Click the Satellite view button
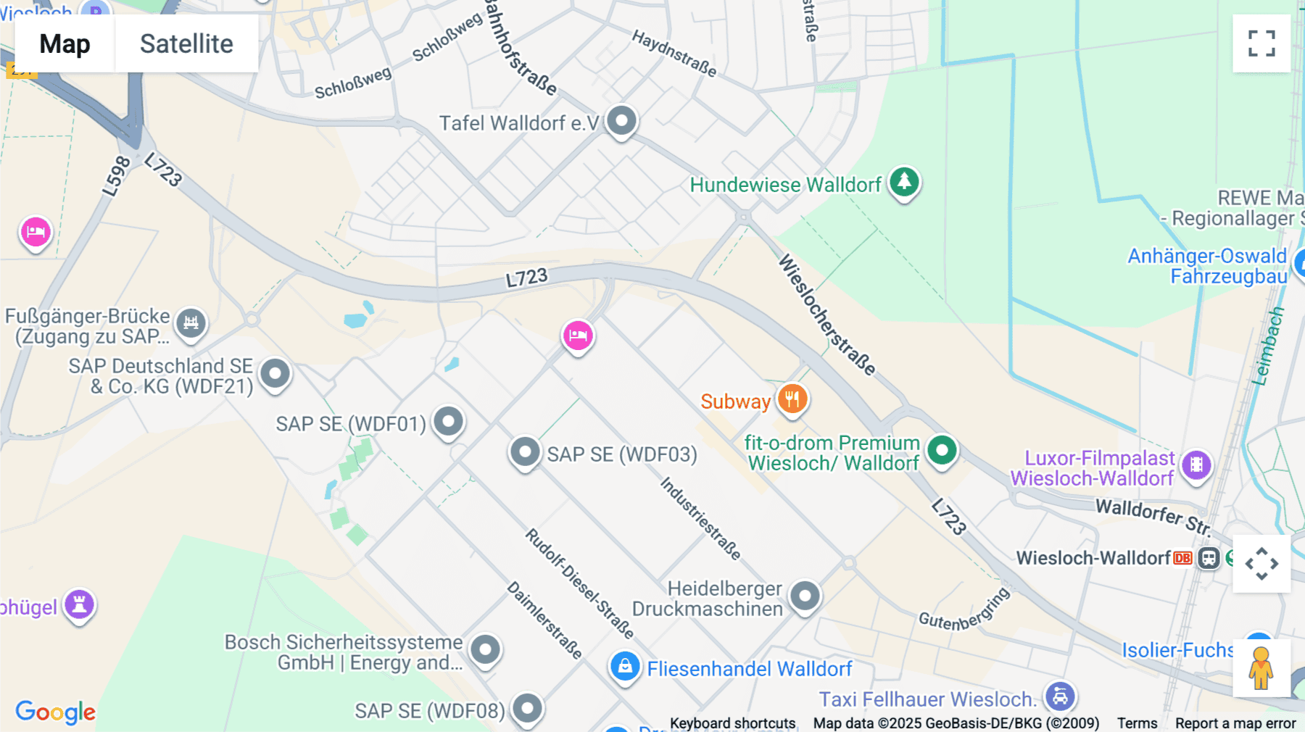tap(186, 44)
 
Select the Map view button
tap(65, 44)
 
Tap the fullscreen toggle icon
tap(1261, 43)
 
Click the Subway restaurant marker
tap(792, 399)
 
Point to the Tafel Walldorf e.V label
tap(519, 123)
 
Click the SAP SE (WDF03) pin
tap(525, 452)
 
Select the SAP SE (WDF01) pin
tap(449, 421)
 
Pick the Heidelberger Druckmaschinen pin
tap(805, 596)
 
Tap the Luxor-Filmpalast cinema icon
tap(1196, 464)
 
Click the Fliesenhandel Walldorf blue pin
tap(624, 666)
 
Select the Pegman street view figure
tap(1261, 668)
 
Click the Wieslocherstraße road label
tap(826, 314)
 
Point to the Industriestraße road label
tap(700, 519)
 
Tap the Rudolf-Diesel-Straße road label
tap(579, 583)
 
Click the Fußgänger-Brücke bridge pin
tap(191, 323)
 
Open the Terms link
tap(1137, 723)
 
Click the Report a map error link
tap(1235, 723)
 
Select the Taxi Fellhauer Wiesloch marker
tap(1060, 696)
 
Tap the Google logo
tap(56, 712)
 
